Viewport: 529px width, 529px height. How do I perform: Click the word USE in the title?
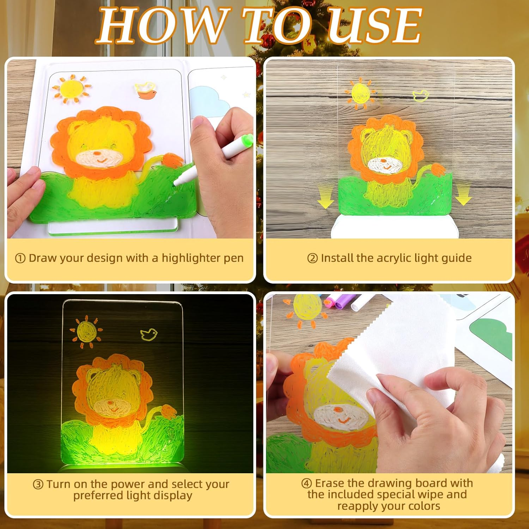[375, 25]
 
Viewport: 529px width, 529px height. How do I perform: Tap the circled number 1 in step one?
[20, 259]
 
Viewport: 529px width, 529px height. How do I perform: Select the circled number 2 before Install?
[312, 259]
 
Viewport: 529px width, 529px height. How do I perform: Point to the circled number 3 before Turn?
[38, 485]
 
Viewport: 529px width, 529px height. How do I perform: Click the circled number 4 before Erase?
[306, 483]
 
